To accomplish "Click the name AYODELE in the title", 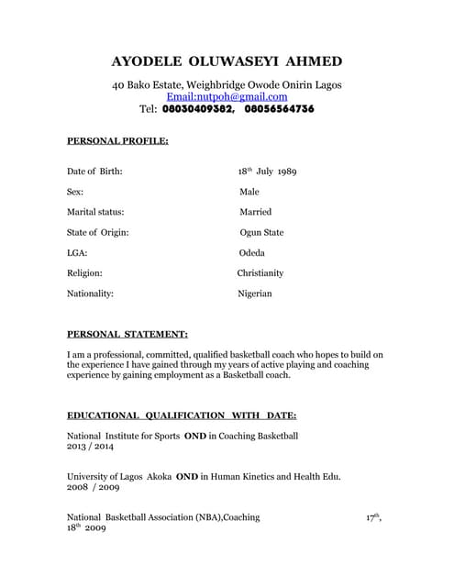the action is pos(146,61).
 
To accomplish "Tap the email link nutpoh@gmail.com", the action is pos(227,96).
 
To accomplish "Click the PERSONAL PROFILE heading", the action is pos(117,141).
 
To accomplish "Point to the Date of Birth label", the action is pos(94,172).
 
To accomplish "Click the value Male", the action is pos(249,192).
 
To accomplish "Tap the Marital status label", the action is pos(95,212).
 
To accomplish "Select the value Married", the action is pos(256,212).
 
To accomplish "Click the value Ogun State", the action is pos(261,233).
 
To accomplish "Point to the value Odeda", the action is pos(252,253).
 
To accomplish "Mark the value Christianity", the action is pos(260,273).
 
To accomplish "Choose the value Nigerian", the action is pos(255,293).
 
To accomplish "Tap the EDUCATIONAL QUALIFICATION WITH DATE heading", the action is pos(182,415).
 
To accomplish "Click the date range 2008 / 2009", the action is pos(91,489).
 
